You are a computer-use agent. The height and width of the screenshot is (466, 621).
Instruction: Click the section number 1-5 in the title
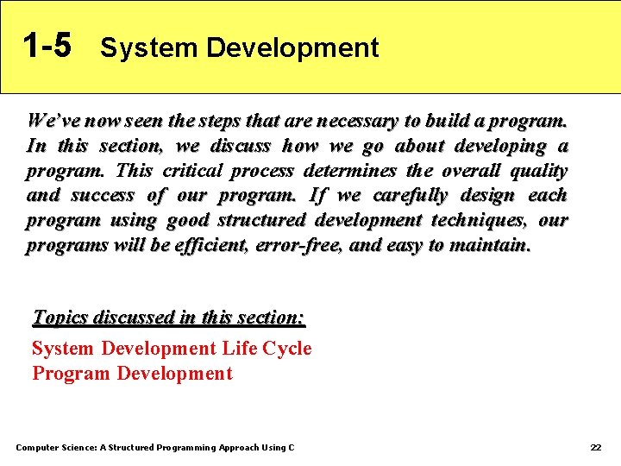pyautogui.click(x=47, y=45)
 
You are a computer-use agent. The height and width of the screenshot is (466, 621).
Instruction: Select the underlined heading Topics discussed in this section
pyautogui.click(x=168, y=318)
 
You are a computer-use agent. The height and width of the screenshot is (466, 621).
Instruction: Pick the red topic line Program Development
pyautogui.click(x=132, y=374)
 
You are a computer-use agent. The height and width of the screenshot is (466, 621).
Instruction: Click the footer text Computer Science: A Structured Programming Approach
pyautogui.click(x=155, y=447)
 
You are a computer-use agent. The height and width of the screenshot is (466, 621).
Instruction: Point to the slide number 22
pyautogui.click(x=595, y=447)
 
